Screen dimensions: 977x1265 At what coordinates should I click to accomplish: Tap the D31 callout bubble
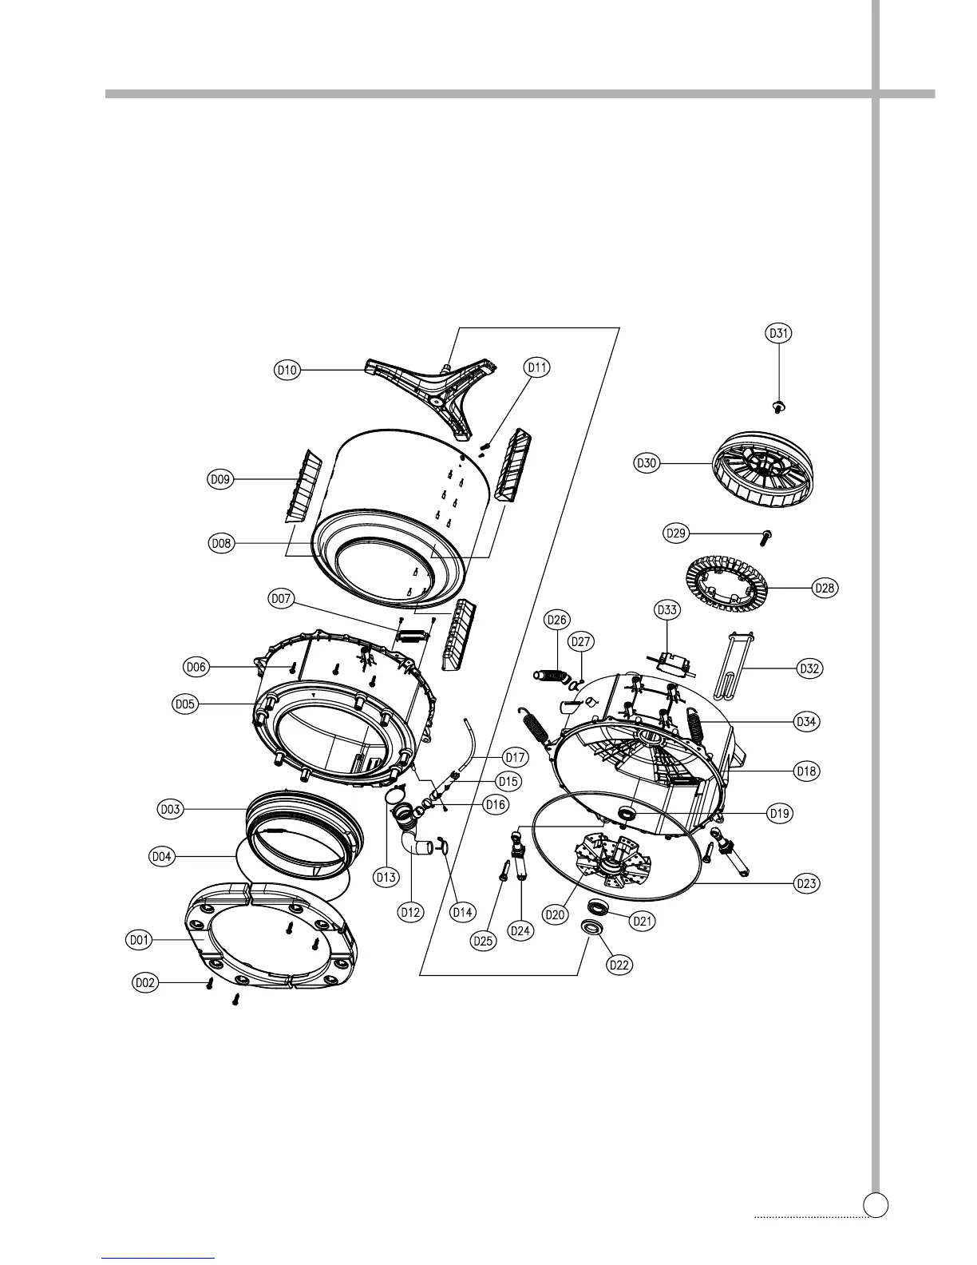[x=779, y=334]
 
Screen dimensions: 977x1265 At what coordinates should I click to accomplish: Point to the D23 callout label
[x=808, y=883]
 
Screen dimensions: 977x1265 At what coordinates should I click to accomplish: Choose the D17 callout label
[x=515, y=755]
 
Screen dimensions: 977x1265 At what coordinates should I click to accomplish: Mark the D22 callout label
[x=619, y=965]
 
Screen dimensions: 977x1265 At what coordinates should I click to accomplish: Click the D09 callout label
[x=219, y=480]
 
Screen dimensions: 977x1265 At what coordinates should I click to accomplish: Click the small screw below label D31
[x=779, y=406]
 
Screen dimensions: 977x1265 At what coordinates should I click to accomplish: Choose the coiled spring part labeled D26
[x=551, y=676]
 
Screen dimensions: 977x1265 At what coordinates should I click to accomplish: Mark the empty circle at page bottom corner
[x=877, y=1204]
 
